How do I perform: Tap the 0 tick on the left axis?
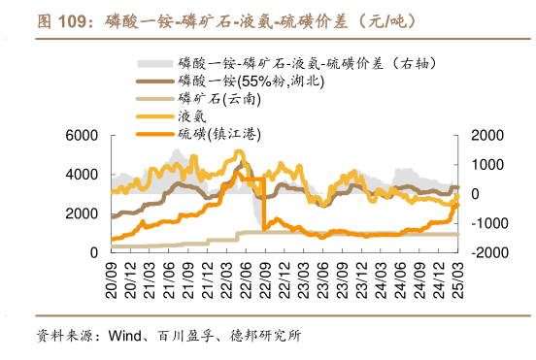(93, 252)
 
